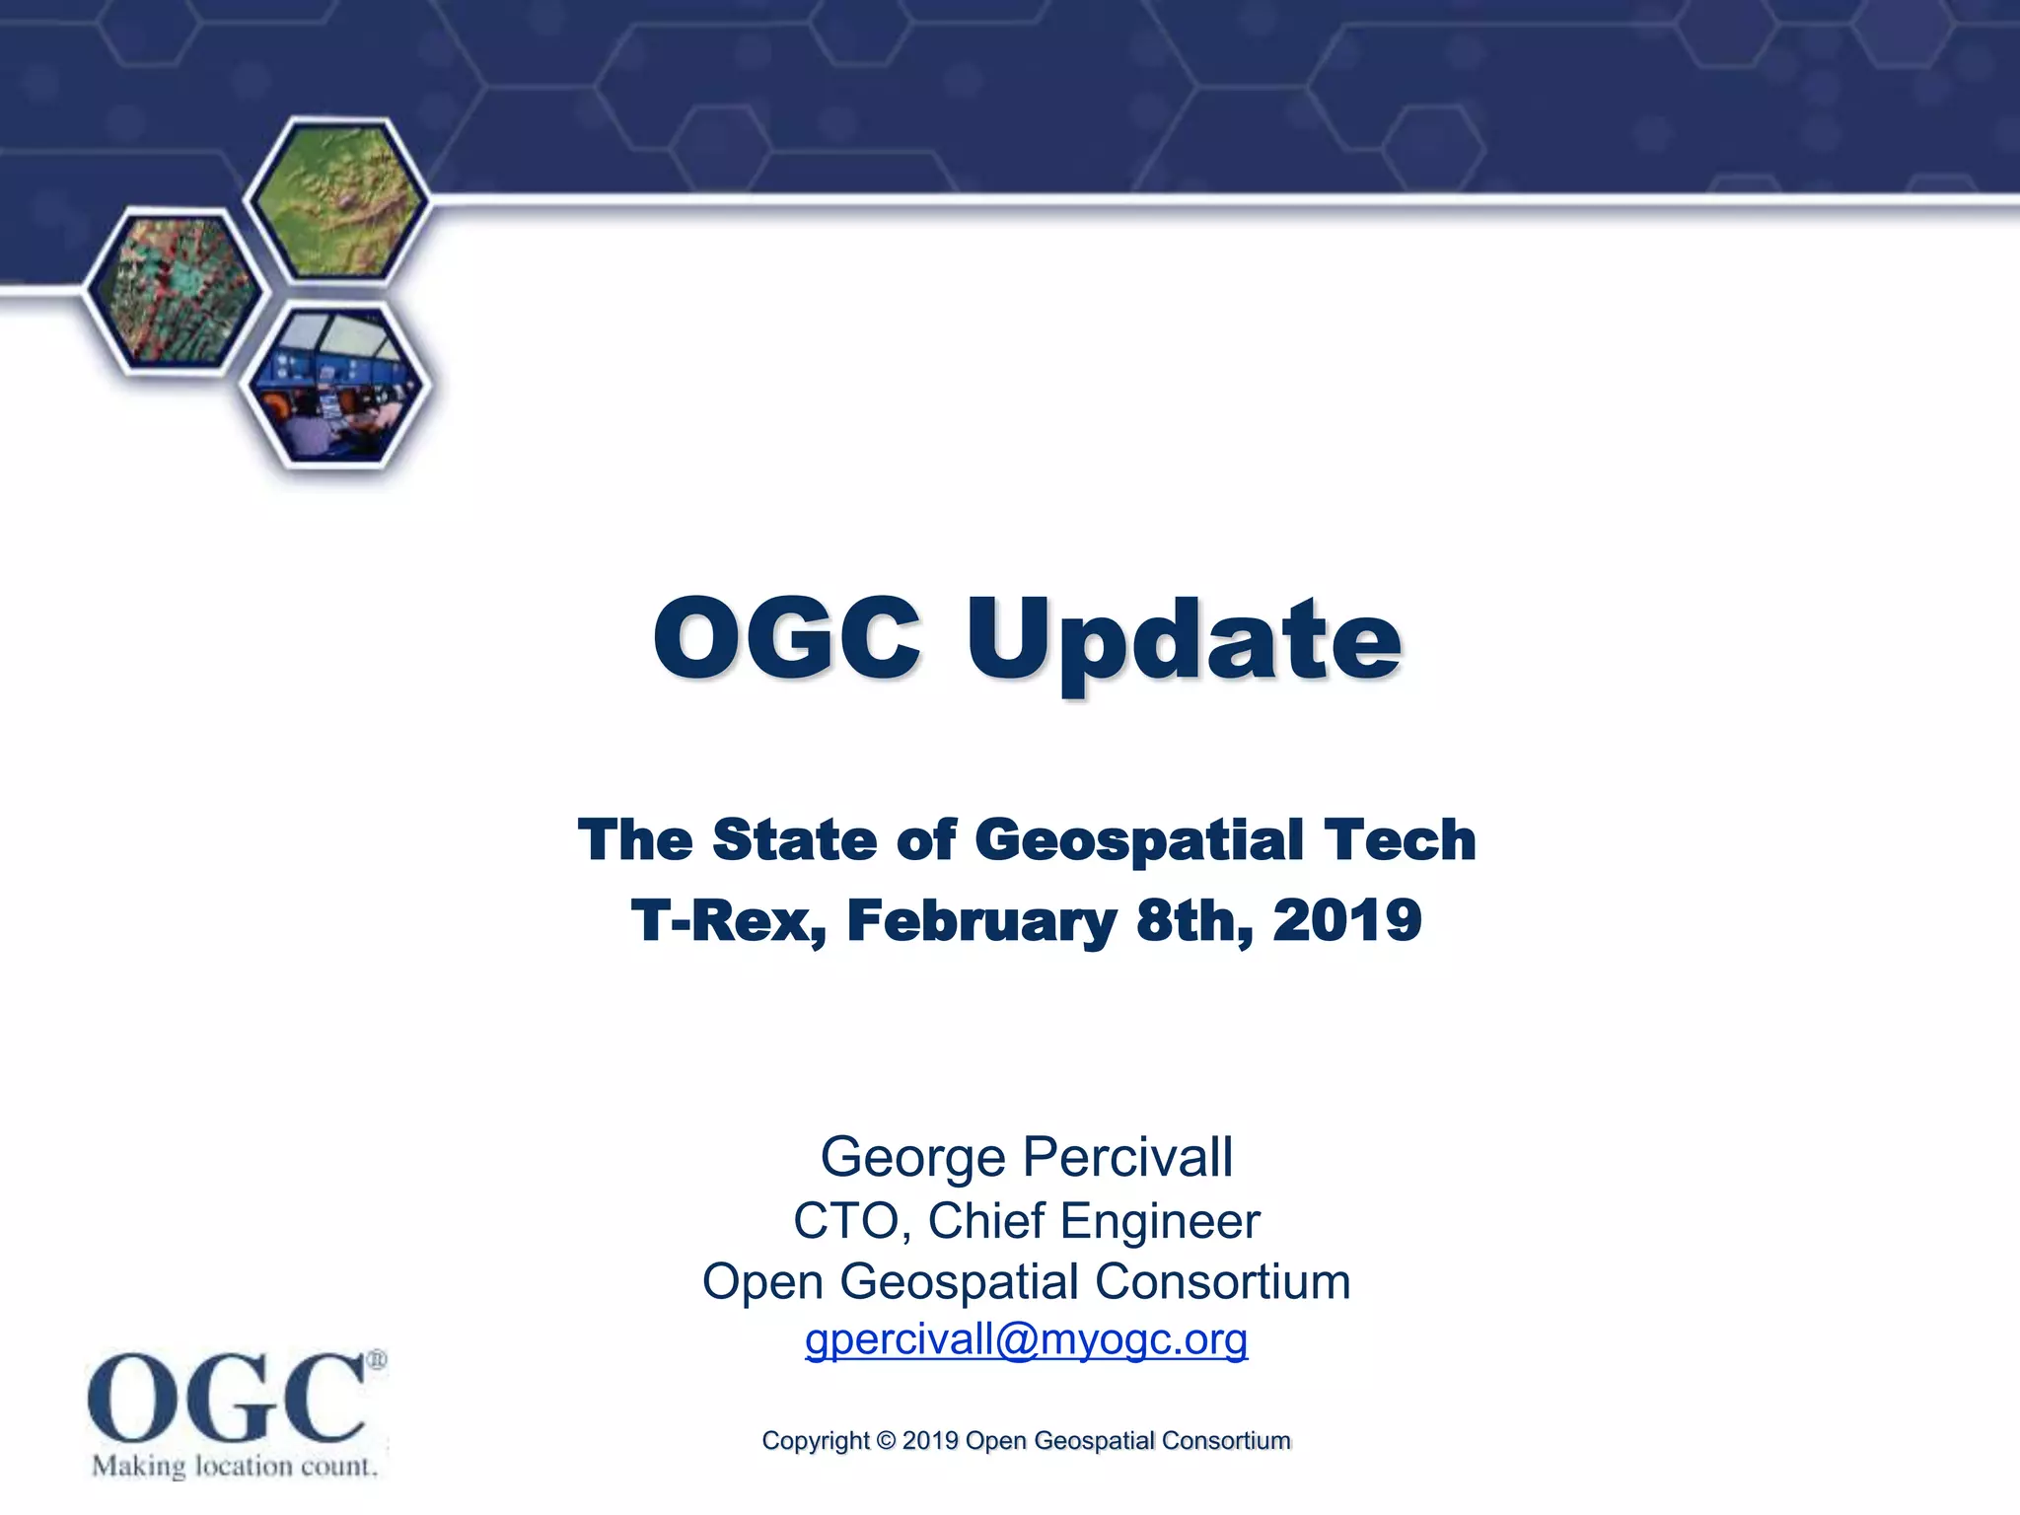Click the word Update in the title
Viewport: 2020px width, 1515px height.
coord(1184,640)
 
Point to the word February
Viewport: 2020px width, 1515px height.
coord(981,922)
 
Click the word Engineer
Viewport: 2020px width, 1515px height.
coord(1160,1221)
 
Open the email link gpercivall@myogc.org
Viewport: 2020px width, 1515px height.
coord(1026,1339)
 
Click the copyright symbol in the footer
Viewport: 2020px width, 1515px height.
coord(886,1441)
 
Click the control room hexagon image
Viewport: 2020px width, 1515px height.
coord(335,385)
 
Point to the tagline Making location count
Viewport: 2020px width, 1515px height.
coord(235,1467)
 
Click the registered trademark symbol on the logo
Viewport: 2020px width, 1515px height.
coord(377,1361)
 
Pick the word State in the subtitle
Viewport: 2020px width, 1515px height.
coord(794,840)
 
